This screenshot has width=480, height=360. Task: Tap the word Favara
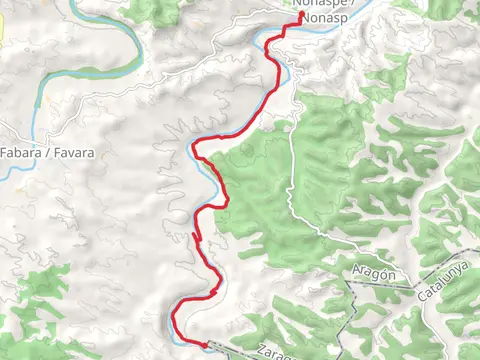(75, 153)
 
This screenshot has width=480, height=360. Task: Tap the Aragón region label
(375, 274)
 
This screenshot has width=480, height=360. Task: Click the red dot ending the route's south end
(206, 345)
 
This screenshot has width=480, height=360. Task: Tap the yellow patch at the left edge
(2, 28)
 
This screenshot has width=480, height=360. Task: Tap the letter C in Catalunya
(422, 290)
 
